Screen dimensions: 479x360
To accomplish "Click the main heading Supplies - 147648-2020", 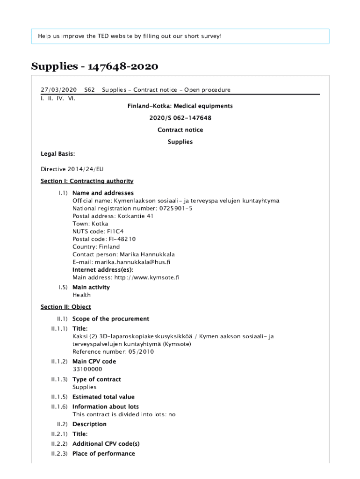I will click(95, 67).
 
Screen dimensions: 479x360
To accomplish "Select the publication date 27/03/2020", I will click(58, 90).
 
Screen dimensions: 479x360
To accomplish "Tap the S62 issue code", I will click(89, 90).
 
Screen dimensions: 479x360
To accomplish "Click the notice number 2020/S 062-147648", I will click(180, 118).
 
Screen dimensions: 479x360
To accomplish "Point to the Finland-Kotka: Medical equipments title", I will click(180, 106).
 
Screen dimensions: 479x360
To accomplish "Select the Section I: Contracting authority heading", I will click(87, 181).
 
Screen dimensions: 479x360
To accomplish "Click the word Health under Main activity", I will click(81, 295).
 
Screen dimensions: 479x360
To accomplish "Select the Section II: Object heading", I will click(65, 307).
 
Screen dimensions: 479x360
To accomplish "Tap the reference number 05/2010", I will click(139, 352).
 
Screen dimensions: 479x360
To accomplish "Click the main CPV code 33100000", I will click(87, 369).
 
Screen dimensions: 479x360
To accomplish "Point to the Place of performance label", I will click(103, 454).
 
